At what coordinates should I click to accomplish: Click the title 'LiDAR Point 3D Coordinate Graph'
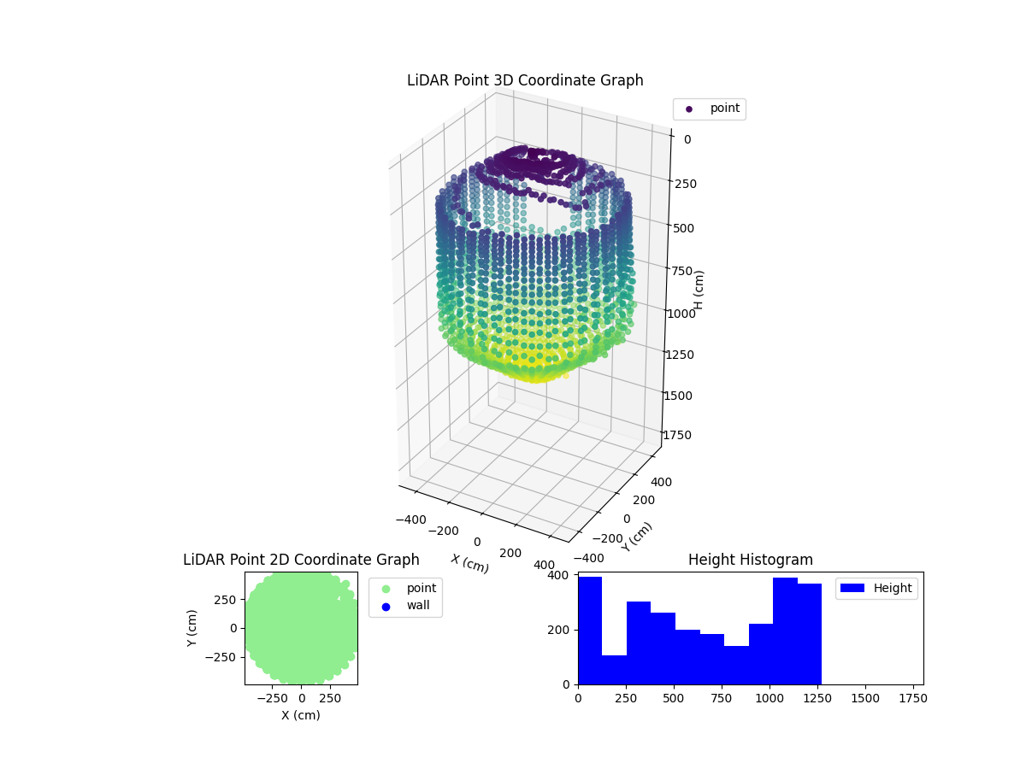point(525,80)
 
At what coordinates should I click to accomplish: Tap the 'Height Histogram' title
point(750,560)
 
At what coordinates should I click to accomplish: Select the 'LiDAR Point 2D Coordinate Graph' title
point(301,560)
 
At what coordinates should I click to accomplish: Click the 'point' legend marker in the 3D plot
point(689,109)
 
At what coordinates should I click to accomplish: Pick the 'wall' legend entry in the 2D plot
point(404,606)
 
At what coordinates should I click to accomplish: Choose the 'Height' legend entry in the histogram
point(876,588)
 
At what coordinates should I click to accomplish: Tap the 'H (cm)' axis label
point(699,291)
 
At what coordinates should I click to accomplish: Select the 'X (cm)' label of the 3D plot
point(469,563)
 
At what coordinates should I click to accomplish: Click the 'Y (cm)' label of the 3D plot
point(637,537)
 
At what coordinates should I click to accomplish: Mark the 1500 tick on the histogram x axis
point(865,698)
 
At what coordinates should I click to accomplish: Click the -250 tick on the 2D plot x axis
point(273,698)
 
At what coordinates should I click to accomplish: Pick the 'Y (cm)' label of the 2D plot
point(192,628)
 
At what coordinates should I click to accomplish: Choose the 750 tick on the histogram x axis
point(722,698)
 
